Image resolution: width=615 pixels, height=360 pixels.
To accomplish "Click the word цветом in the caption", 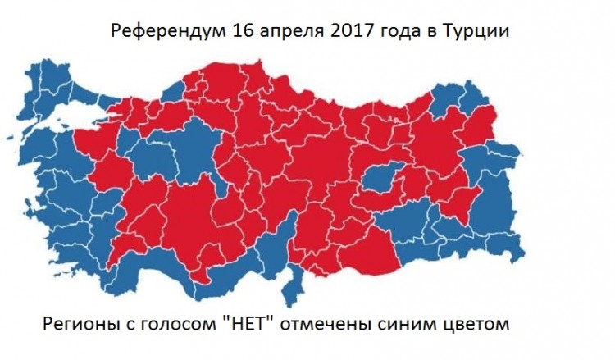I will pyautogui.click(x=468, y=324).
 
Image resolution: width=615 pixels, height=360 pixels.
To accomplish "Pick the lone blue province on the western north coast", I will pyautogui.click(x=173, y=90).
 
